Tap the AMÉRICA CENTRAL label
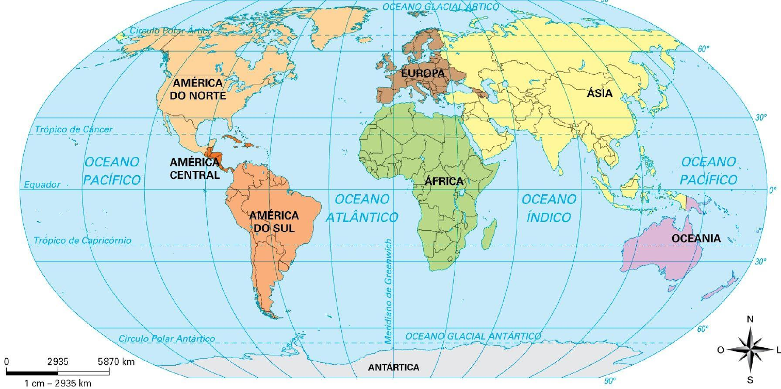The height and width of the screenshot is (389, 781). click(x=195, y=168)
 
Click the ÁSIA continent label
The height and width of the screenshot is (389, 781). click(x=600, y=93)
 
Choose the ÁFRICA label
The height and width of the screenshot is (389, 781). click(x=444, y=181)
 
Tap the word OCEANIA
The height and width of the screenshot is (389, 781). click(x=696, y=238)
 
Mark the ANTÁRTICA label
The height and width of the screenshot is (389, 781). click(x=393, y=368)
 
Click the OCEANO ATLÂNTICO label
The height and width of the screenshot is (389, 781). click(x=362, y=208)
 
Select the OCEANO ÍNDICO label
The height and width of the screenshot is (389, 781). click(x=549, y=208)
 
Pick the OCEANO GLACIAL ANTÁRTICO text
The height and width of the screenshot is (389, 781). click(x=473, y=336)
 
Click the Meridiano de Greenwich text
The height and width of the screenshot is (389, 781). click(x=388, y=291)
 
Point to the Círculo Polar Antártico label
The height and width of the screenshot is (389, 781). click(x=167, y=339)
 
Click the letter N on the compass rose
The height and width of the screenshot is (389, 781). click(x=750, y=319)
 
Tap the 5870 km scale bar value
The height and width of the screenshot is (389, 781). click(x=117, y=362)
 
